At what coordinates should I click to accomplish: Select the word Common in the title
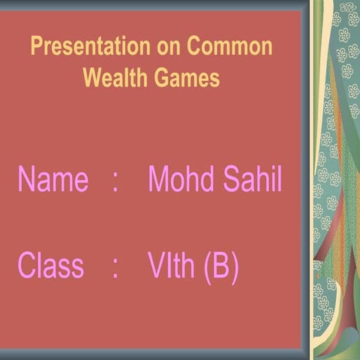229,47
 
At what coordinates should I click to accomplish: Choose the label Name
52,181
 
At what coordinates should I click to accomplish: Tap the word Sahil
250,181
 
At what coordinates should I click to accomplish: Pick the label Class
50,266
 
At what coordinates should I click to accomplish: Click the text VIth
172,266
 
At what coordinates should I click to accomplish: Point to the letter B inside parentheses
220,266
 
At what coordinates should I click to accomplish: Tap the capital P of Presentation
37,47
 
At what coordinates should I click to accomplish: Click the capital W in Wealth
92,77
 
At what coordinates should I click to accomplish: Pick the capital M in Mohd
160,181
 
